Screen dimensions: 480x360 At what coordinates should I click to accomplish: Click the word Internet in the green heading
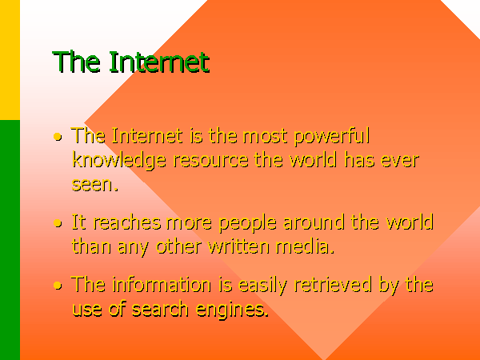[159, 62]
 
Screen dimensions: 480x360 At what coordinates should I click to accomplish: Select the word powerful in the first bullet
[332, 137]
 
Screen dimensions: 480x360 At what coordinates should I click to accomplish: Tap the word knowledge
[119, 161]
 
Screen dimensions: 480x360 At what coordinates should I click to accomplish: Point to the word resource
[211, 161]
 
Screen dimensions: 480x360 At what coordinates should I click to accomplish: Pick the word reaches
[127, 222]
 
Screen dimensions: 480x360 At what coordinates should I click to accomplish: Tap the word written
[238, 246]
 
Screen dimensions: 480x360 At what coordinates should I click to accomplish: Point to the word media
[305, 246]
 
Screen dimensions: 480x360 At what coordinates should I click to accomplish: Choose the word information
[162, 284]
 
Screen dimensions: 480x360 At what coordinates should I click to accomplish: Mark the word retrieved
[333, 284]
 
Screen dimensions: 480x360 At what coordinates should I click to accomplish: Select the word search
[160, 309]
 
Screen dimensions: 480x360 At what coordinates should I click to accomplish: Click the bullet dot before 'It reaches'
[58, 223]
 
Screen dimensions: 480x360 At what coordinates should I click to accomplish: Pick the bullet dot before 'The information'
[58, 286]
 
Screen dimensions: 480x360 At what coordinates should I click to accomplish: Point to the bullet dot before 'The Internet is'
[58, 137]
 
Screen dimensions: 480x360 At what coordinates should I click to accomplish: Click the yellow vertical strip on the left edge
[10, 60]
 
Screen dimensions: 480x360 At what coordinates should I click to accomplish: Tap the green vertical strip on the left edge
[10, 240]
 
